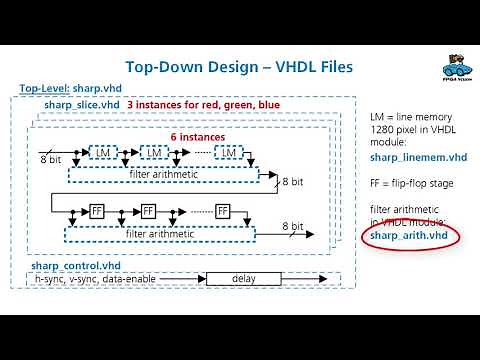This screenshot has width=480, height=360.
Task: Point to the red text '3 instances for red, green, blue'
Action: tap(203, 104)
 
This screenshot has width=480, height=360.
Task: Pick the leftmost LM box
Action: tap(101, 152)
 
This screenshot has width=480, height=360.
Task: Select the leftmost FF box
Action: tap(97, 212)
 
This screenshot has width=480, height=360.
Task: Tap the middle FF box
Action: tap(148, 212)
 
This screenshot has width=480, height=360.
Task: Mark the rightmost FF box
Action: tap(223, 212)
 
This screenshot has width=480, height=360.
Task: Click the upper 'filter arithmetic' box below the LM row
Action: tap(164, 174)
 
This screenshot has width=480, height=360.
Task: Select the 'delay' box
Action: tap(245, 278)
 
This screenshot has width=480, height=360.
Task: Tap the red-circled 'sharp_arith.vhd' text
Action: tap(410, 235)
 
